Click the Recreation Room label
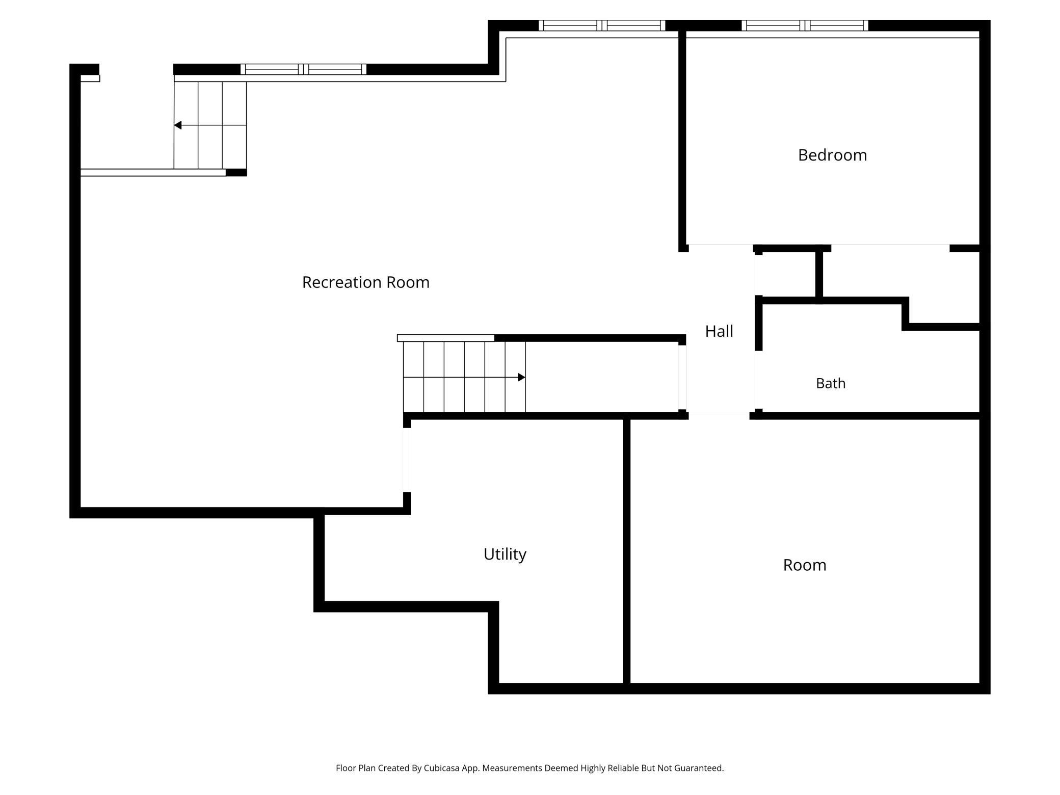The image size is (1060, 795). coord(366,282)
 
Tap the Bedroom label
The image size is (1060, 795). coord(832,155)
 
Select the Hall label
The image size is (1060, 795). coord(719,331)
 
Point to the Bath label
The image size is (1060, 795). coord(831,383)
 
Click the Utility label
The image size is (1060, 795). coord(505,554)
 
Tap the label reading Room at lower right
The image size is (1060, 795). coord(805,565)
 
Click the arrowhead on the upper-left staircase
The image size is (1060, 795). coord(178,125)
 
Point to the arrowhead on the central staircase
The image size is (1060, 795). coord(521,377)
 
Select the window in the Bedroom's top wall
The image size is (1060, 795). coord(805,25)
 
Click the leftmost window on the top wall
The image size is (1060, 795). coord(303,69)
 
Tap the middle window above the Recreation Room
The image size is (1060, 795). coord(602,25)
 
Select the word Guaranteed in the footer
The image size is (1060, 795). coord(699,768)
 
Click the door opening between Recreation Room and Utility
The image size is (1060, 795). coord(407,460)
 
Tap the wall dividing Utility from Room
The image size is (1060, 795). coord(627,551)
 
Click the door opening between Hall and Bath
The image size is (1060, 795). coord(755,380)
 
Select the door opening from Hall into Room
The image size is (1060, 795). coord(719,415)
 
